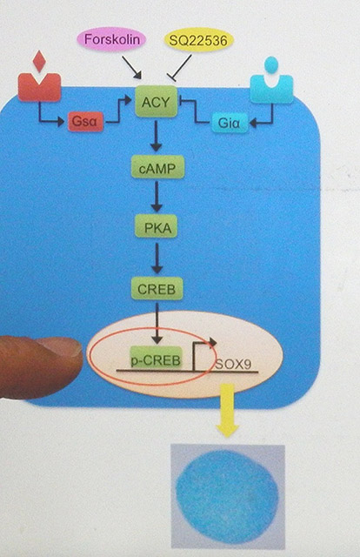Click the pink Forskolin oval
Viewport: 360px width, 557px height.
point(111,40)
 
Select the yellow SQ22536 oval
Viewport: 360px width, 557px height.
point(198,40)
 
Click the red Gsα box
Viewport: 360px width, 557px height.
point(85,122)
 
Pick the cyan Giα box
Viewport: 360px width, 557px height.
point(230,123)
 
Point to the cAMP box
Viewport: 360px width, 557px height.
point(157,167)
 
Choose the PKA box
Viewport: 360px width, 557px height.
point(157,226)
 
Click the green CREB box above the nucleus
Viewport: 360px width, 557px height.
point(157,288)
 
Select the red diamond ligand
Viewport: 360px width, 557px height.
point(39,61)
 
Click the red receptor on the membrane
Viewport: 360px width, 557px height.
point(39,87)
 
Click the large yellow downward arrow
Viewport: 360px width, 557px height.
point(227,410)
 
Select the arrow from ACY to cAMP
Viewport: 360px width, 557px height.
point(156,137)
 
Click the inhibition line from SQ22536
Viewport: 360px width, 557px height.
point(180,68)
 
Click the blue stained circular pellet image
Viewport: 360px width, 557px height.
point(228,496)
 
